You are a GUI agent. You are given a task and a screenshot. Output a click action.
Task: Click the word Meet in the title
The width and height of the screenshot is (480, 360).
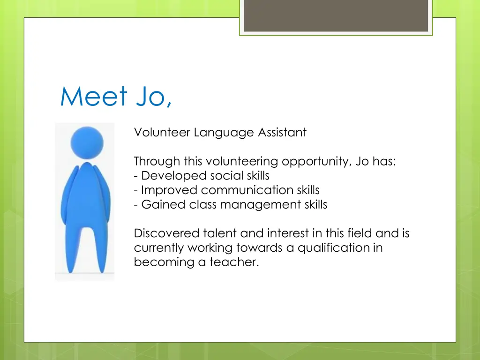(x=94, y=97)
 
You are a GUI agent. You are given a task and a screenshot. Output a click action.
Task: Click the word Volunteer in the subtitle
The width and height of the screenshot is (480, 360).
(x=162, y=133)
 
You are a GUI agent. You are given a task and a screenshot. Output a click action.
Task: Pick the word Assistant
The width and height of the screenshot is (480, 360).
(x=282, y=133)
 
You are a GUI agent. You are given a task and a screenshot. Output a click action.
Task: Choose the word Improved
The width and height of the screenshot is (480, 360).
(x=169, y=190)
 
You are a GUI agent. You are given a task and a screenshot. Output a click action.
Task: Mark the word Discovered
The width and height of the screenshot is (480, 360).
(x=166, y=233)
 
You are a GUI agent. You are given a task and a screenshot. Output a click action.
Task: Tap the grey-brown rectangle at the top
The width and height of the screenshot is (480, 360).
(x=336, y=15)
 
